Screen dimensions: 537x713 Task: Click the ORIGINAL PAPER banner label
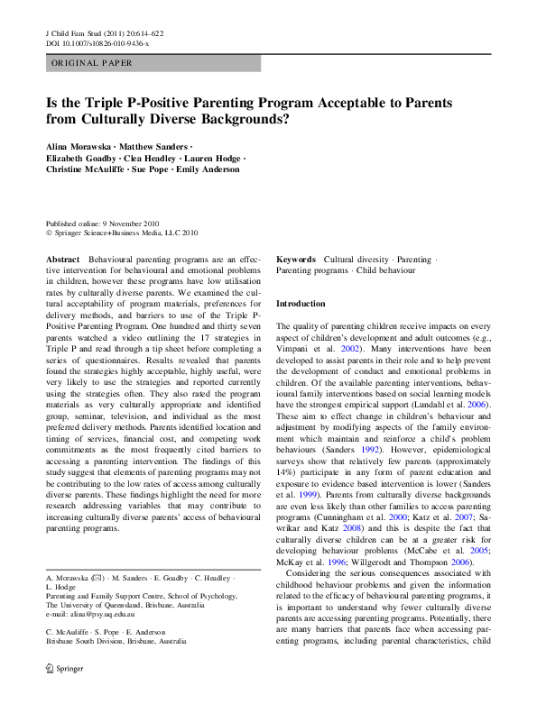[x=91, y=63]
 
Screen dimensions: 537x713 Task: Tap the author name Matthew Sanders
[x=157, y=145]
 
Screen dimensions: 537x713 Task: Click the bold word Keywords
[x=295, y=259]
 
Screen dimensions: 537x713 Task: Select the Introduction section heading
[x=301, y=304]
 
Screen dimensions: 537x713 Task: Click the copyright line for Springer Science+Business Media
[x=122, y=232]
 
